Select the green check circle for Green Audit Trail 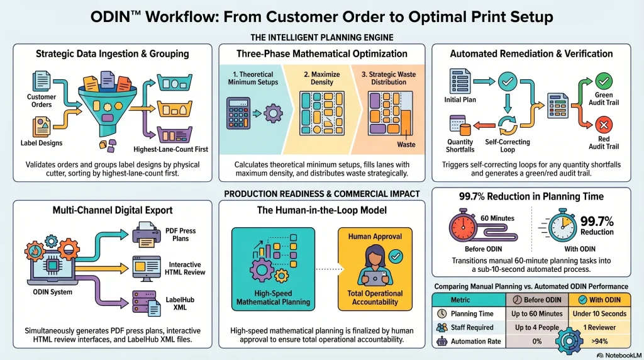(603, 81)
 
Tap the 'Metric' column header (466, 299)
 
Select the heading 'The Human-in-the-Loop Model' (321, 210)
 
